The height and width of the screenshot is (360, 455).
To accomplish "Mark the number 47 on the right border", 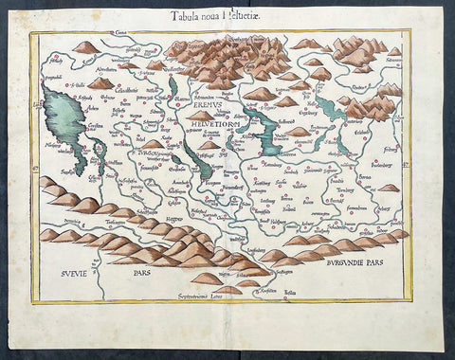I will [414, 171].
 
